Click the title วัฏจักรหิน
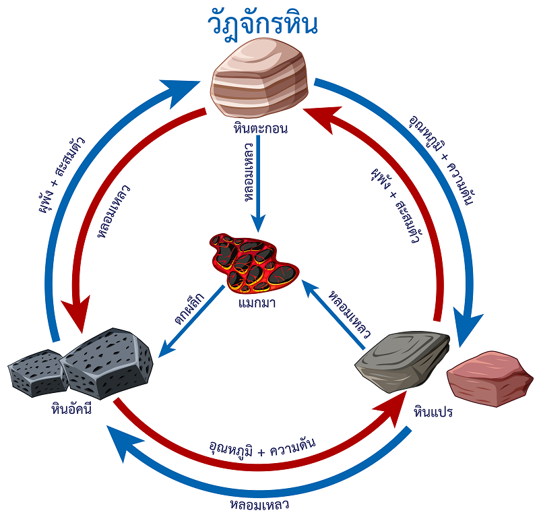263,25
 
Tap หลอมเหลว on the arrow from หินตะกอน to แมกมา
249,179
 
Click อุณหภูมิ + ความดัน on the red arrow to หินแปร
262,448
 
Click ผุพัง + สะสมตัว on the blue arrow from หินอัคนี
67,175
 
